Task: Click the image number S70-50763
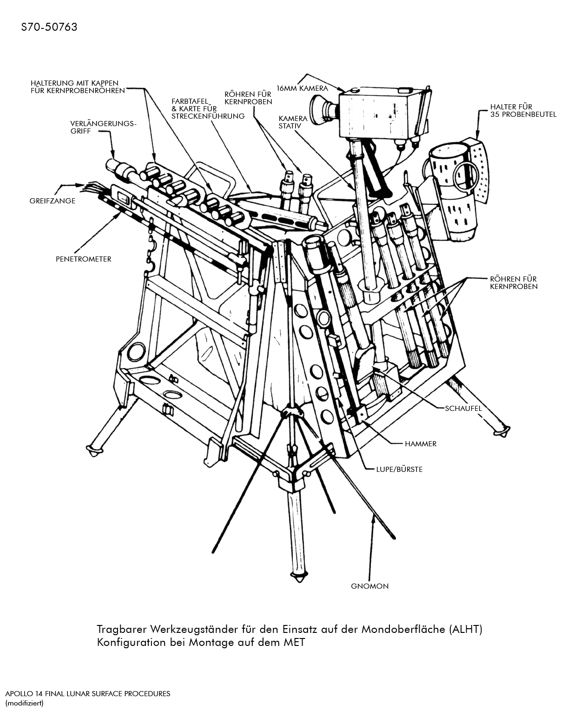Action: [49, 27]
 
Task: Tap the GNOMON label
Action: [369, 586]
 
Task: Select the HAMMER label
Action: [420, 443]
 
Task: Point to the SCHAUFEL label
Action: [463, 408]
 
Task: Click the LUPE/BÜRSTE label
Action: [399, 469]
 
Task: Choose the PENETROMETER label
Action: [83, 259]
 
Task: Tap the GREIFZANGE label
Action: [52, 201]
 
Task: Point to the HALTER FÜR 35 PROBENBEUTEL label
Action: [523, 110]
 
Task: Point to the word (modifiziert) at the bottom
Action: [24, 703]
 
